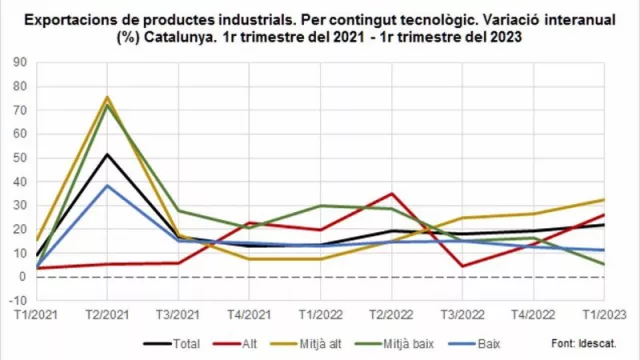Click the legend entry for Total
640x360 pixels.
[x=186, y=344]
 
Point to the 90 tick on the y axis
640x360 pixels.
[x=19, y=62]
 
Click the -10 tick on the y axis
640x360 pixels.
[x=17, y=300]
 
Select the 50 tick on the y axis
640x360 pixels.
[x=19, y=157]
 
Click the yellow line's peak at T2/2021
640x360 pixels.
[x=107, y=97]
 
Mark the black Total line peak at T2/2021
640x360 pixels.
[x=107, y=154]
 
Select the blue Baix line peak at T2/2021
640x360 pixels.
[x=107, y=186]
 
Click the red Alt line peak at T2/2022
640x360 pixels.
[x=392, y=194]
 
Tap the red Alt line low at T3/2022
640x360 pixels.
[x=463, y=266]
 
